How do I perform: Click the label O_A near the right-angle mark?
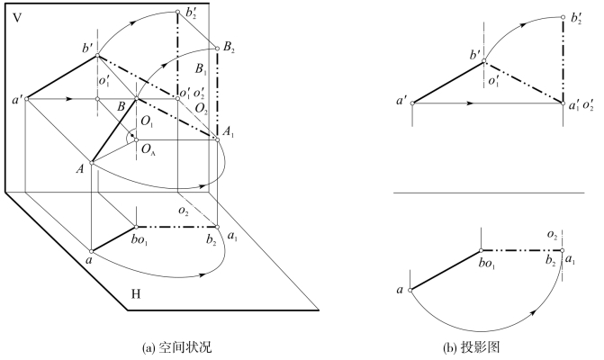[148, 149]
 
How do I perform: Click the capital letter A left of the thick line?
[80, 166]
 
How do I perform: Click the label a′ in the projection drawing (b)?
[401, 101]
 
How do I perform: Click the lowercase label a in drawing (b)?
[398, 290]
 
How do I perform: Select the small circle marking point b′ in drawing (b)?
[484, 62]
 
